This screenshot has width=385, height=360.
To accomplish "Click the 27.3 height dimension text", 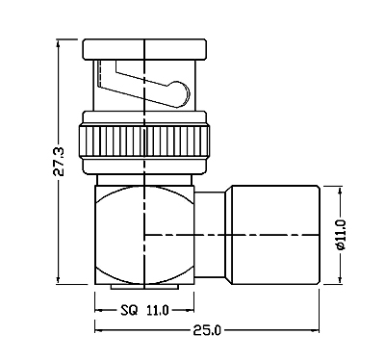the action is (x=60, y=162).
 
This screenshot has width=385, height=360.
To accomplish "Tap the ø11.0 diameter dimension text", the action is (x=341, y=235).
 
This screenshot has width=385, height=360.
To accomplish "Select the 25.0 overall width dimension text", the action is (x=207, y=330).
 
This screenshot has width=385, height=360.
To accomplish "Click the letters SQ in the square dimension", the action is (x=129, y=310).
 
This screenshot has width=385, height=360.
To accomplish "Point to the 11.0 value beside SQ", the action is (x=158, y=310).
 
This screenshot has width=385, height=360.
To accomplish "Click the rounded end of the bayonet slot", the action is (x=181, y=93).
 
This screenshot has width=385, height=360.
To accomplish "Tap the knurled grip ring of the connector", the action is (x=143, y=141).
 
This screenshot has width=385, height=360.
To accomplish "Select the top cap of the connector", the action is (x=144, y=49).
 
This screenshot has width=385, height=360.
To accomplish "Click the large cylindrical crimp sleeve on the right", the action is (x=275, y=235).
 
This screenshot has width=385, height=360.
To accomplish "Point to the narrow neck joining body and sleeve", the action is (x=210, y=235).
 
